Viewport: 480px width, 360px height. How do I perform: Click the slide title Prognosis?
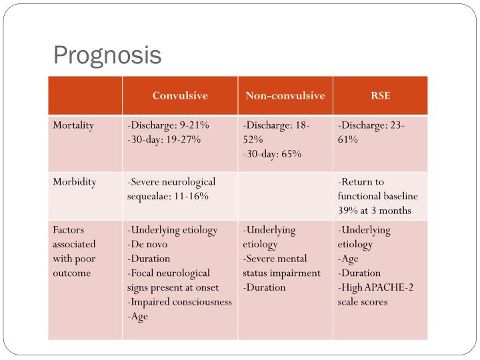pos(107,54)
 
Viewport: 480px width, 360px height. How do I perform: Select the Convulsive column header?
pos(180,95)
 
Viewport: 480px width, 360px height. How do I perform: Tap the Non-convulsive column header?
pos(285,95)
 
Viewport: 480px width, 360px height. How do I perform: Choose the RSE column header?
pos(381,95)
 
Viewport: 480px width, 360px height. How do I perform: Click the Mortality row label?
pos(73,125)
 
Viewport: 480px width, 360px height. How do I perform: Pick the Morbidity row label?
pos(75,182)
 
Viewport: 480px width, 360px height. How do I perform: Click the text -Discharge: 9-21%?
pos(169,125)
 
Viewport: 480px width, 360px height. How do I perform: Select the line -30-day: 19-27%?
pos(164,139)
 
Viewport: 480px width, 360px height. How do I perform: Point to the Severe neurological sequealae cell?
pos(171,189)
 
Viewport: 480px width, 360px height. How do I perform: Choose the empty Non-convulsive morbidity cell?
pos(285,196)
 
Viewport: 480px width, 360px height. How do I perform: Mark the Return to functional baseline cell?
pos(378,196)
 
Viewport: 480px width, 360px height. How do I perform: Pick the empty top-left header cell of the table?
pos(85,95)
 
